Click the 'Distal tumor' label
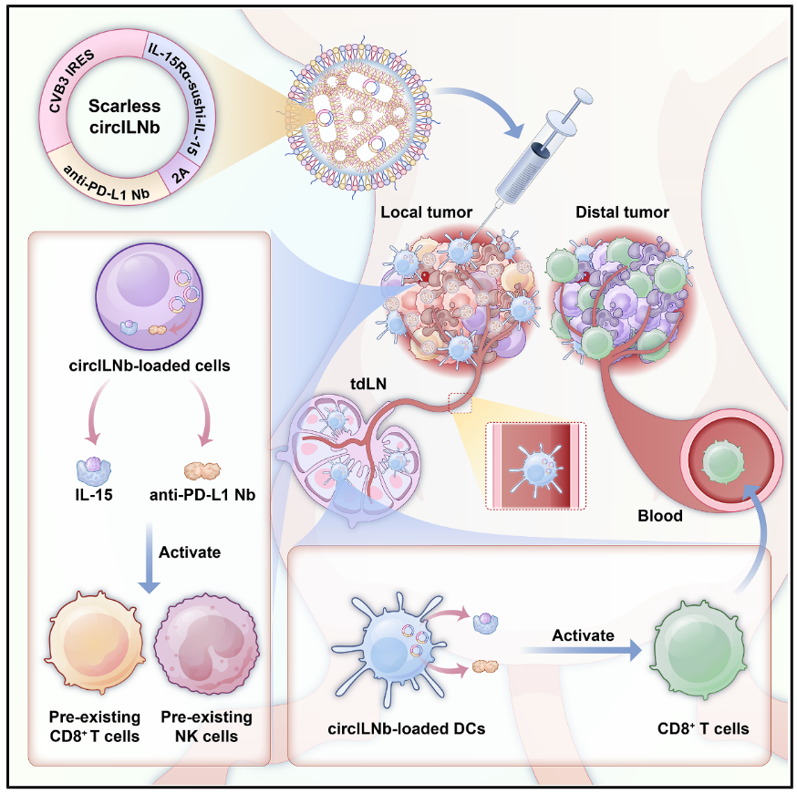coord(623,212)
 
